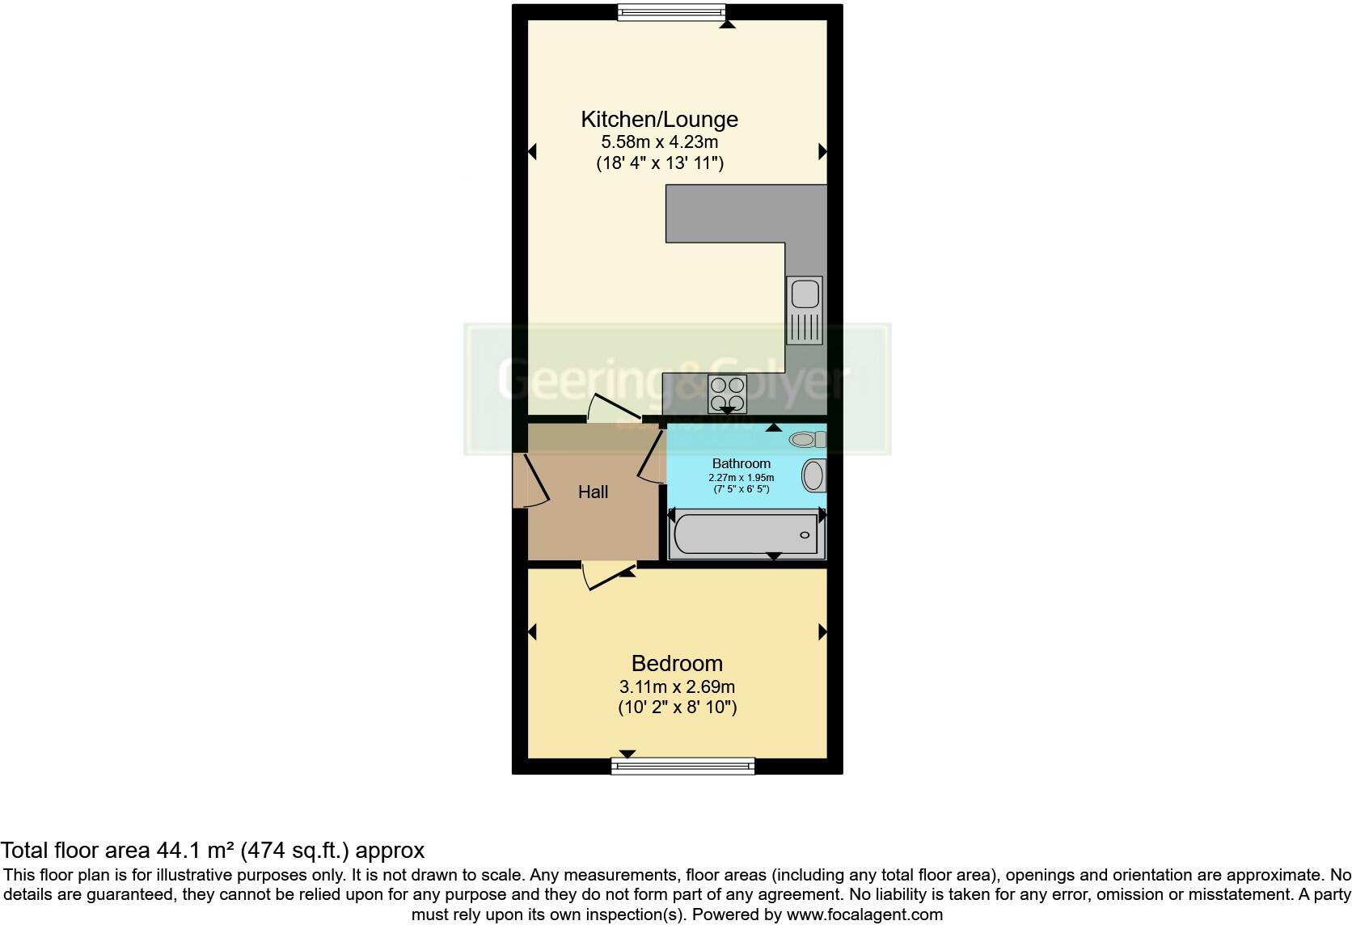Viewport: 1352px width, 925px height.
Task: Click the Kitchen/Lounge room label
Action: [x=659, y=120]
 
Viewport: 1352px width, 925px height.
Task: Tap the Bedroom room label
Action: [x=677, y=664]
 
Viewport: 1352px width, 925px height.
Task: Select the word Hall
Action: [x=593, y=492]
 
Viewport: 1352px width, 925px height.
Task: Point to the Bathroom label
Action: [x=741, y=463]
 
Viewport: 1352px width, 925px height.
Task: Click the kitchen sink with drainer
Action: [x=804, y=310]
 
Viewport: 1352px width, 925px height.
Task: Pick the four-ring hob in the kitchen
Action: [x=726, y=395]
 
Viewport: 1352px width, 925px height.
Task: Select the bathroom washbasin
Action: [x=813, y=475]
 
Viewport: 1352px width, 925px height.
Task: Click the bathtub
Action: [x=744, y=534]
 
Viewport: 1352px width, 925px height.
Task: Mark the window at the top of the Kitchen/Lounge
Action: [x=671, y=12]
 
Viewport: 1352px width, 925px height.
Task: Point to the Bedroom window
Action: [x=682, y=766]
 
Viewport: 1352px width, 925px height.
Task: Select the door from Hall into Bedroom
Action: [x=607, y=576]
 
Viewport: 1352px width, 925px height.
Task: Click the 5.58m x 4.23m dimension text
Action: [x=659, y=142]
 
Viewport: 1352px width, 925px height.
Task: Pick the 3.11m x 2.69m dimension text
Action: [x=677, y=687]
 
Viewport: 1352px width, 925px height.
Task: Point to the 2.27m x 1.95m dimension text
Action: [x=741, y=478]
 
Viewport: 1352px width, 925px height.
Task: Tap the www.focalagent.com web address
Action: [x=864, y=914]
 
